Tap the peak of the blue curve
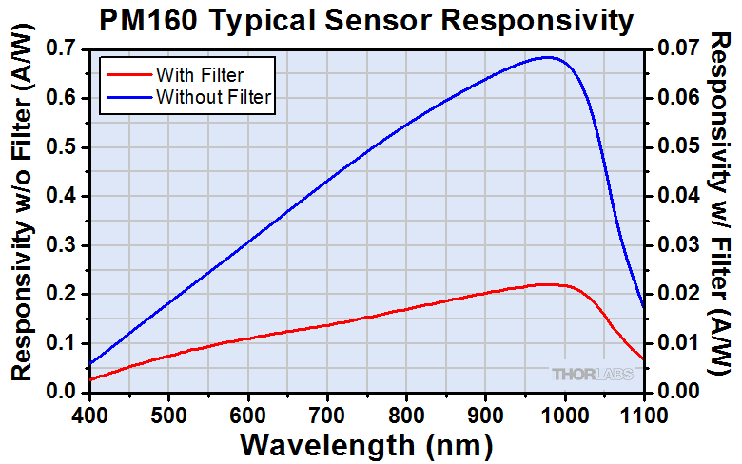pos(549,57)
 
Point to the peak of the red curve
pos(547,284)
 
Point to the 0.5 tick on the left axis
pos(64,147)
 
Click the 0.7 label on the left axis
pos(64,48)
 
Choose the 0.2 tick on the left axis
pos(64,294)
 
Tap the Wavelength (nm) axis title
pos(366,444)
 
